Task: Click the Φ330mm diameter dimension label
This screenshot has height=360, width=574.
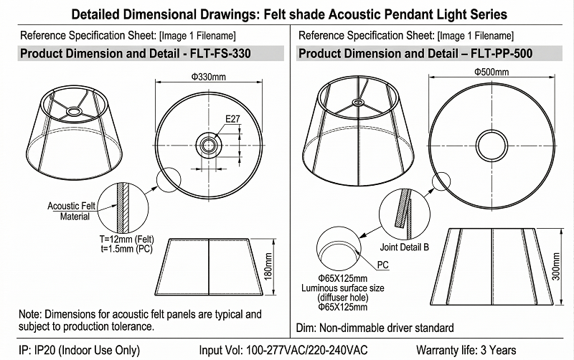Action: pyautogui.click(x=208, y=77)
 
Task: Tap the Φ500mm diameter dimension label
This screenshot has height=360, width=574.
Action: pyautogui.click(x=491, y=72)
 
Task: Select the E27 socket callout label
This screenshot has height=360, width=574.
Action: pyautogui.click(x=232, y=119)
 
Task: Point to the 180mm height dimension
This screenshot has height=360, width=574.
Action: pyautogui.click(x=268, y=266)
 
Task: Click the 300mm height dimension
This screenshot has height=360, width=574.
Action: pyautogui.click(x=555, y=266)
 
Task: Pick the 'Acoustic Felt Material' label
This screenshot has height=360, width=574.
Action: pyautogui.click(x=71, y=211)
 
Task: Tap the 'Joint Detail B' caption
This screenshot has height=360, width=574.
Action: pyautogui.click(x=404, y=247)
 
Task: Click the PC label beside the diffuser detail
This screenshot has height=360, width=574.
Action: pyautogui.click(x=382, y=265)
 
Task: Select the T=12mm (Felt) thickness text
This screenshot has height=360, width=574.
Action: pyautogui.click(x=127, y=240)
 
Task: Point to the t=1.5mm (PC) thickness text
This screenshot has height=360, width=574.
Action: pyautogui.click(x=127, y=249)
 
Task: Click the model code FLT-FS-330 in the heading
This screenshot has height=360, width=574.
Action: pyautogui.click(x=220, y=53)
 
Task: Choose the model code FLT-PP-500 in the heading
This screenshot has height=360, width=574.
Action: pyautogui.click(x=502, y=53)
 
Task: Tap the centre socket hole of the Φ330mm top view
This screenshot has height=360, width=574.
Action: pyautogui.click(x=209, y=145)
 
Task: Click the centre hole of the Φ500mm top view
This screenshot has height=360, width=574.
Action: pyautogui.click(x=491, y=146)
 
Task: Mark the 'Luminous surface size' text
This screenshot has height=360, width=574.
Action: pyautogui.click(x=343, y=288)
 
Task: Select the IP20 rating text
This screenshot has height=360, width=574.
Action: pyautogui.click(x=44, y=350)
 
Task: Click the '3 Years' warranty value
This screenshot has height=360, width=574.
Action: pyautogui.click(x=498, y=350)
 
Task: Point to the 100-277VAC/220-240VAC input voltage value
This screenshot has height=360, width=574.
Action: pyautogui.click(x=307, y=350)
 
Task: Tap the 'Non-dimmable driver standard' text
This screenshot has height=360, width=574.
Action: pyautogui.click(x=387, y=328)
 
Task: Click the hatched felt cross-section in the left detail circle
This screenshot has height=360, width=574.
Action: pyautogui.click(x=125, y=207)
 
